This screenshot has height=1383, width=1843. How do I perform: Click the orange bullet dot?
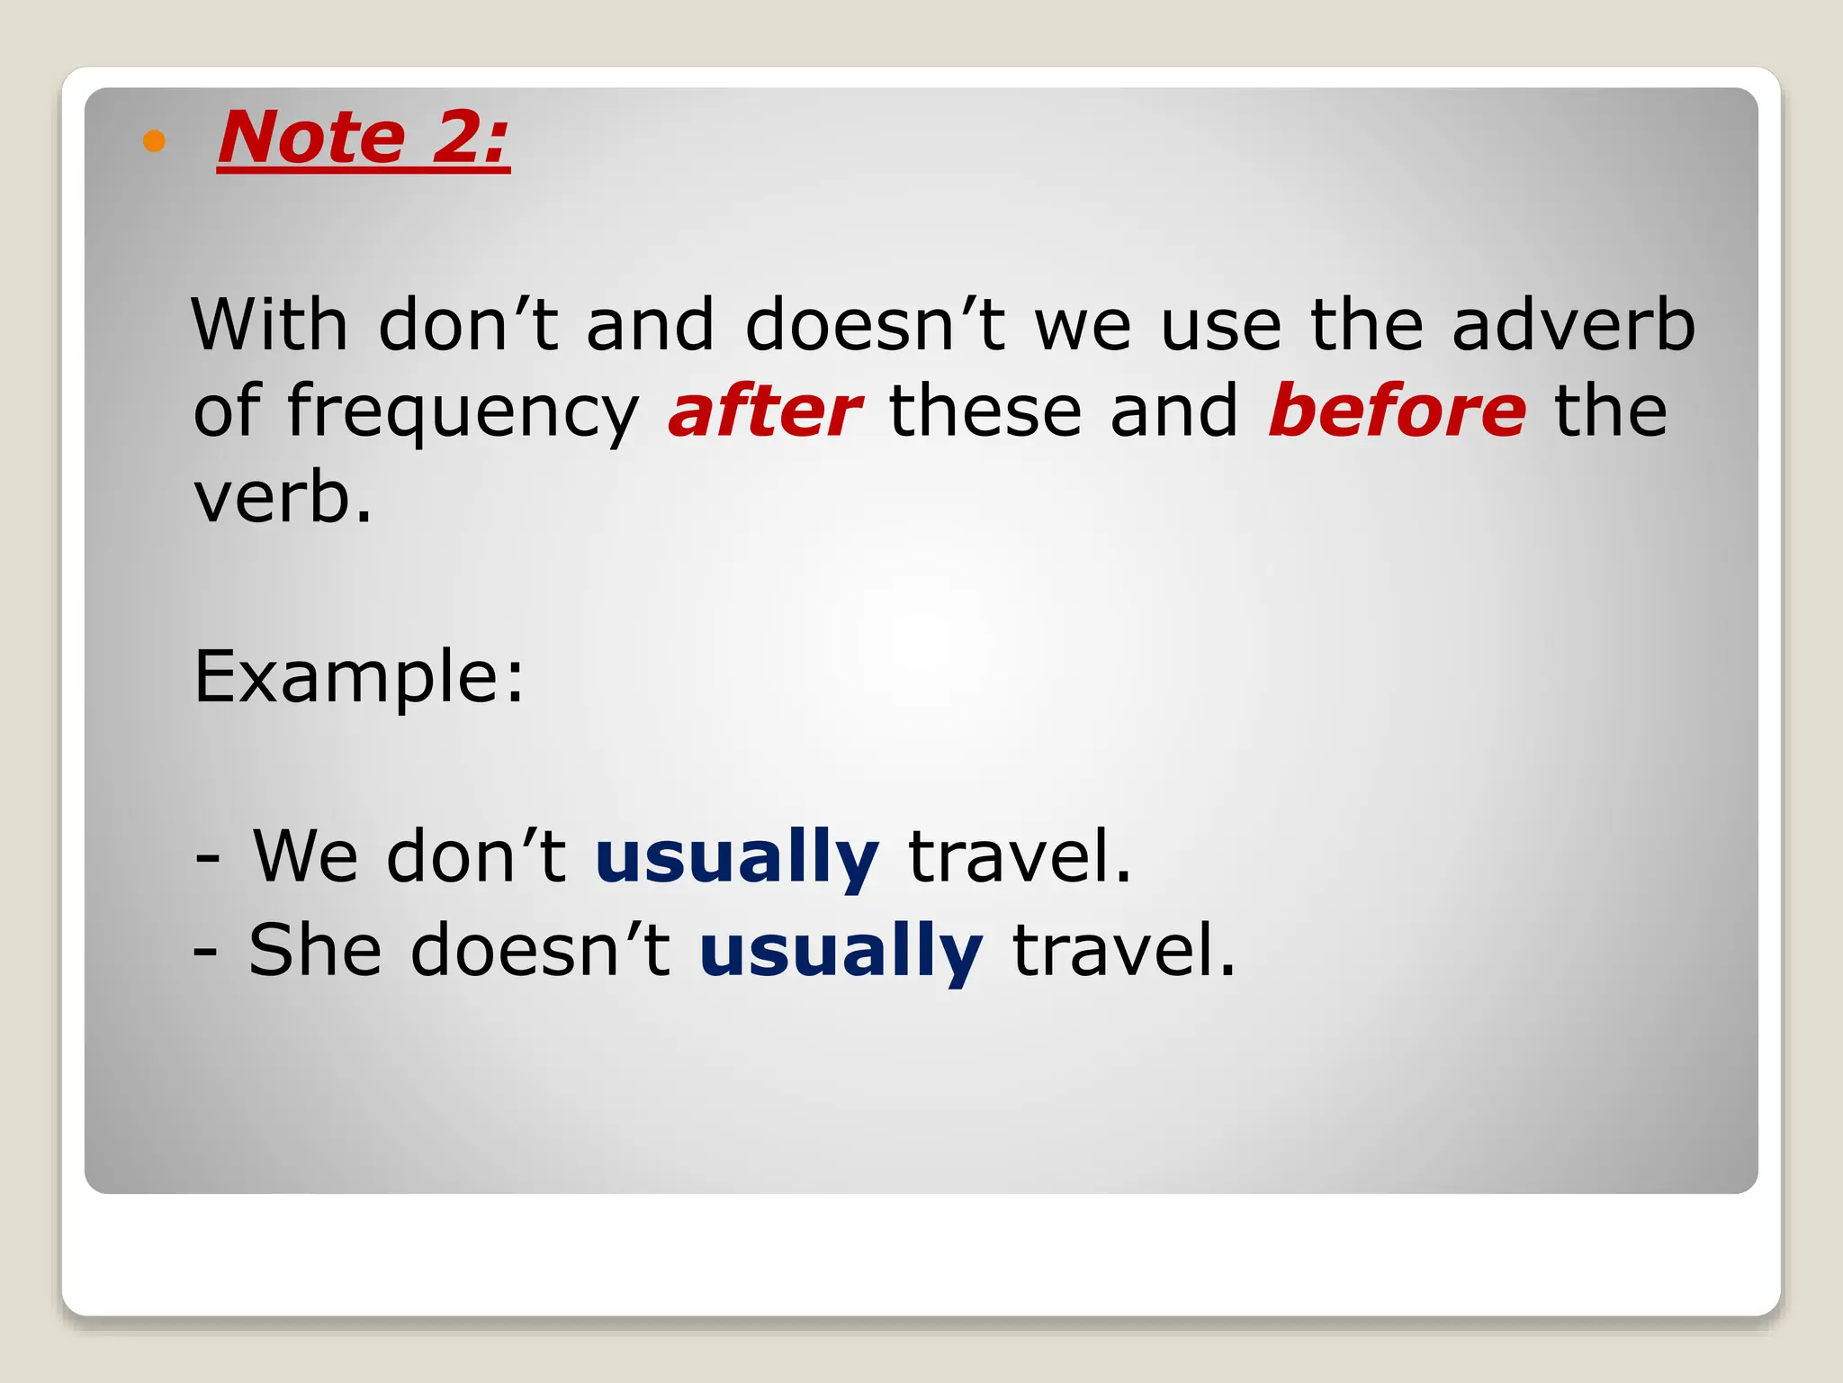point(155,141)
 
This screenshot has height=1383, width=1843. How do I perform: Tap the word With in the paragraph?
point(269,324)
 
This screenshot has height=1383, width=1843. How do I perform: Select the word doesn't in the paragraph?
point(875,324)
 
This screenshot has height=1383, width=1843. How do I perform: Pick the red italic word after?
point(764,411)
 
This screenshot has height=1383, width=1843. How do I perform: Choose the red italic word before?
point(1397,411)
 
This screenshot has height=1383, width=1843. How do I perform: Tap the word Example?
point(359,677)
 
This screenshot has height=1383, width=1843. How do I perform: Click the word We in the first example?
point(306,855)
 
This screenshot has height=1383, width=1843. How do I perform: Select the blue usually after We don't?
point(736,857)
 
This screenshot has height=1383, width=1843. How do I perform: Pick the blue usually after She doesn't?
point(841,951)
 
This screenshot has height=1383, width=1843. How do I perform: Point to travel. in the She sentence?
point(1124,950)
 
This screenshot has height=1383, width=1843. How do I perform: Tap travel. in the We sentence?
point(1020,855)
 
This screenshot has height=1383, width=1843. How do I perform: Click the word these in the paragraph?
point(984,411)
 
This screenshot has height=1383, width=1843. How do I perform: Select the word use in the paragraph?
point(1220,326)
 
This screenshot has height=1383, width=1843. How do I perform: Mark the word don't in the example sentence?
point(476,855)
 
